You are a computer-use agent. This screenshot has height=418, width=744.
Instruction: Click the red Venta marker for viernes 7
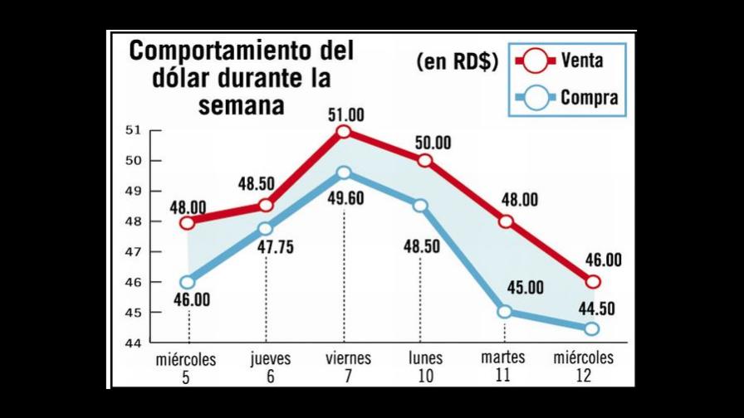pos(344,132)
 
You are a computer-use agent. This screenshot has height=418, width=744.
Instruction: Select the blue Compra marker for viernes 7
pos(344,173)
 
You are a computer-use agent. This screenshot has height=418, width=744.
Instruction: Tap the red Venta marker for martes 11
pos(506,221)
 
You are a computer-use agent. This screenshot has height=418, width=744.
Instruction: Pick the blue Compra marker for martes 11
pos(506,312)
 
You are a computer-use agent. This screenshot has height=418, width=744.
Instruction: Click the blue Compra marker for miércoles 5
pos(188,282)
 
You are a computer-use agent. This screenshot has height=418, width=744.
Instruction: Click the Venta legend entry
pos(565,61)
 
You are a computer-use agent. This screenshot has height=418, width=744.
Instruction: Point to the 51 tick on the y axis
pos(134,130)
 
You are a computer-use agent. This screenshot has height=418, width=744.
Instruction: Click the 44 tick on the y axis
pos(134,343)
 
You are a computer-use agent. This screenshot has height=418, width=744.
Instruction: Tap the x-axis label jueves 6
pos(266,367)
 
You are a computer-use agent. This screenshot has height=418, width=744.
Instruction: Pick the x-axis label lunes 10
pos(425,367)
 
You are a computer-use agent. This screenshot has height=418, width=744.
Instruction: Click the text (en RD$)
pos(457,62)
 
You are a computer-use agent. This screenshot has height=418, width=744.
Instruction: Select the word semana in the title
pos(241,106)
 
